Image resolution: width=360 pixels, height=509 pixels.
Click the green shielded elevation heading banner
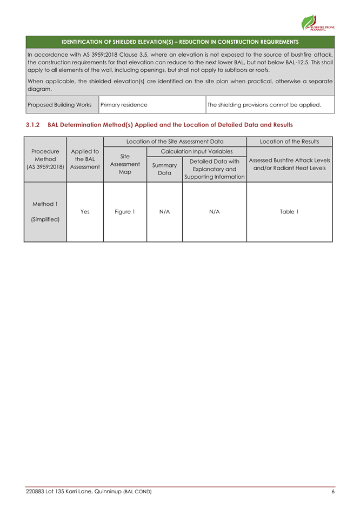tap(180, 42)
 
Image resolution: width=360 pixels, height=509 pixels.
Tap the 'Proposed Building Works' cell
tap(59, 104)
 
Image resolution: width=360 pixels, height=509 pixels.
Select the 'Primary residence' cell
tap(124, 104)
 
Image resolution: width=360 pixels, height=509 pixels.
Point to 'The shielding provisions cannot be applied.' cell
tap(264, 104)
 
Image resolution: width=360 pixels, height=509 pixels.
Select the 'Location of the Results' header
tap(289, 142)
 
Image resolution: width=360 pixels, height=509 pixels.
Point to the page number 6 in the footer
tap(334, 491)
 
